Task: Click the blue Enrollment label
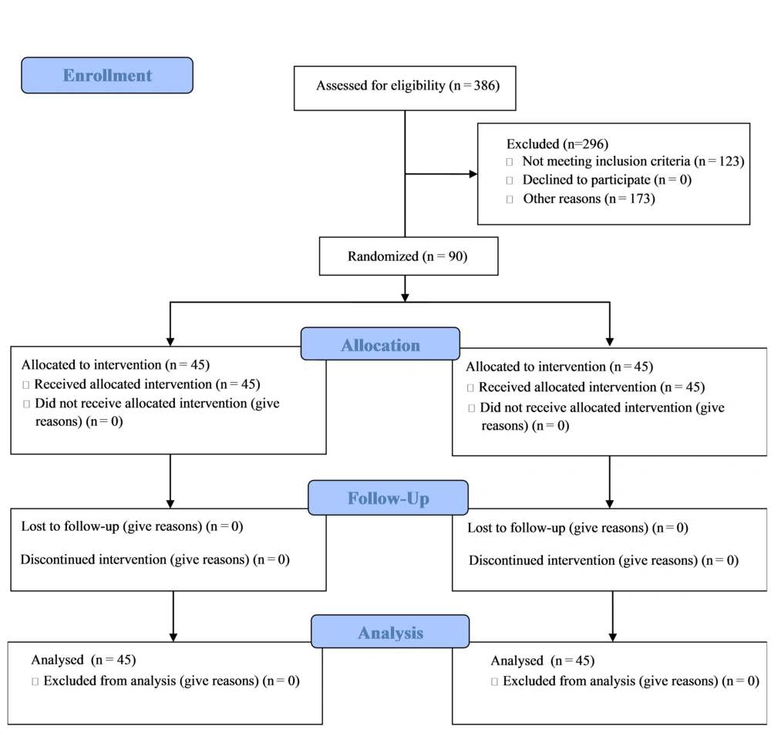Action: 107,76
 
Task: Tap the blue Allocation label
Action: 381,343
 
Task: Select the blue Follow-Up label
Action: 388,498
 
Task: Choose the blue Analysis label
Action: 390,631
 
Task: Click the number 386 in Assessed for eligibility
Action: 484,86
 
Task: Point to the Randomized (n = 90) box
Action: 409,256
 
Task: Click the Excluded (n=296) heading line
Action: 557,144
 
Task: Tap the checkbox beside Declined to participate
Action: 510,181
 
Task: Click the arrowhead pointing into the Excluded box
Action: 473,174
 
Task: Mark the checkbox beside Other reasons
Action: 510,199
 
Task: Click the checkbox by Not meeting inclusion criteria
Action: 510,162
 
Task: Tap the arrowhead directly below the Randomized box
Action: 406,297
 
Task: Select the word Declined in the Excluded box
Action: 547,180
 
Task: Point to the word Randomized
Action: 383,256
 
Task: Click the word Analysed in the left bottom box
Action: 57,660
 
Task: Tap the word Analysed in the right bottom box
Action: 517,661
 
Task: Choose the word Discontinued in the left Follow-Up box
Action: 58,560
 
